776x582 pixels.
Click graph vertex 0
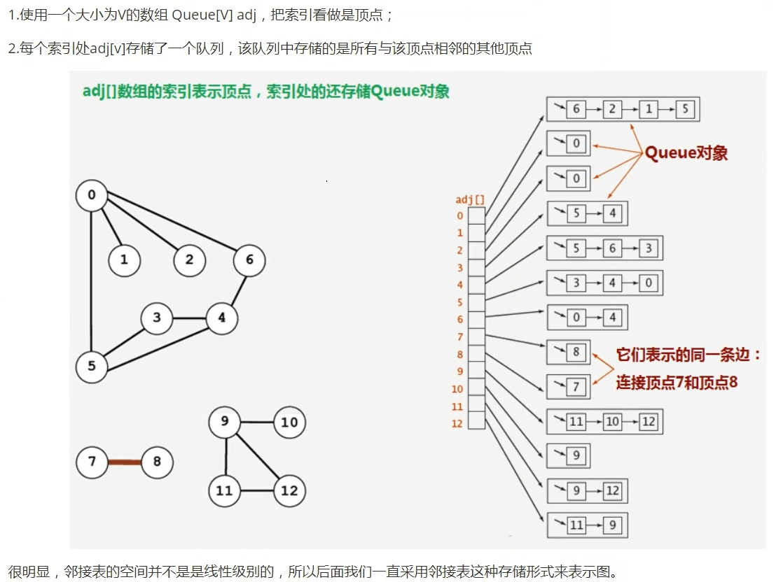pos(92,195)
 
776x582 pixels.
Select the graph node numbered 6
pos(249,260)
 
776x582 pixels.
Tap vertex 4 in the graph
pos(222,318)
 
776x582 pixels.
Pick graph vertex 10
pos(289,422)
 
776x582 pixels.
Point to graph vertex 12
pos(289,490)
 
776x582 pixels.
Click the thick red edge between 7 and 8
pos(124,462)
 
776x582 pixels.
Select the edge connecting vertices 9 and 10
pos(257,422)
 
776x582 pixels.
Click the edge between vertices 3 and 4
pos(189,318)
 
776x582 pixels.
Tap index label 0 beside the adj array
pos(460,215)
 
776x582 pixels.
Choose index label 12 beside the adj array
pos(457,424)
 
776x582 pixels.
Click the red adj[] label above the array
pos(470,200)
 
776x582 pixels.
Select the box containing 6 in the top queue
pos(576,109)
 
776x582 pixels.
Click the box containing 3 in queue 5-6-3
pos(649,248)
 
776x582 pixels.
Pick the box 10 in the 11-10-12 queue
pos(612,421)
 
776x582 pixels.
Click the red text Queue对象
pos(686,153)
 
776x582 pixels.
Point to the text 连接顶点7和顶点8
pos(677,383)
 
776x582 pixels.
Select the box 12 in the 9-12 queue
pos(613,490)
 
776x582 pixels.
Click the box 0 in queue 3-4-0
pos(649,283)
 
